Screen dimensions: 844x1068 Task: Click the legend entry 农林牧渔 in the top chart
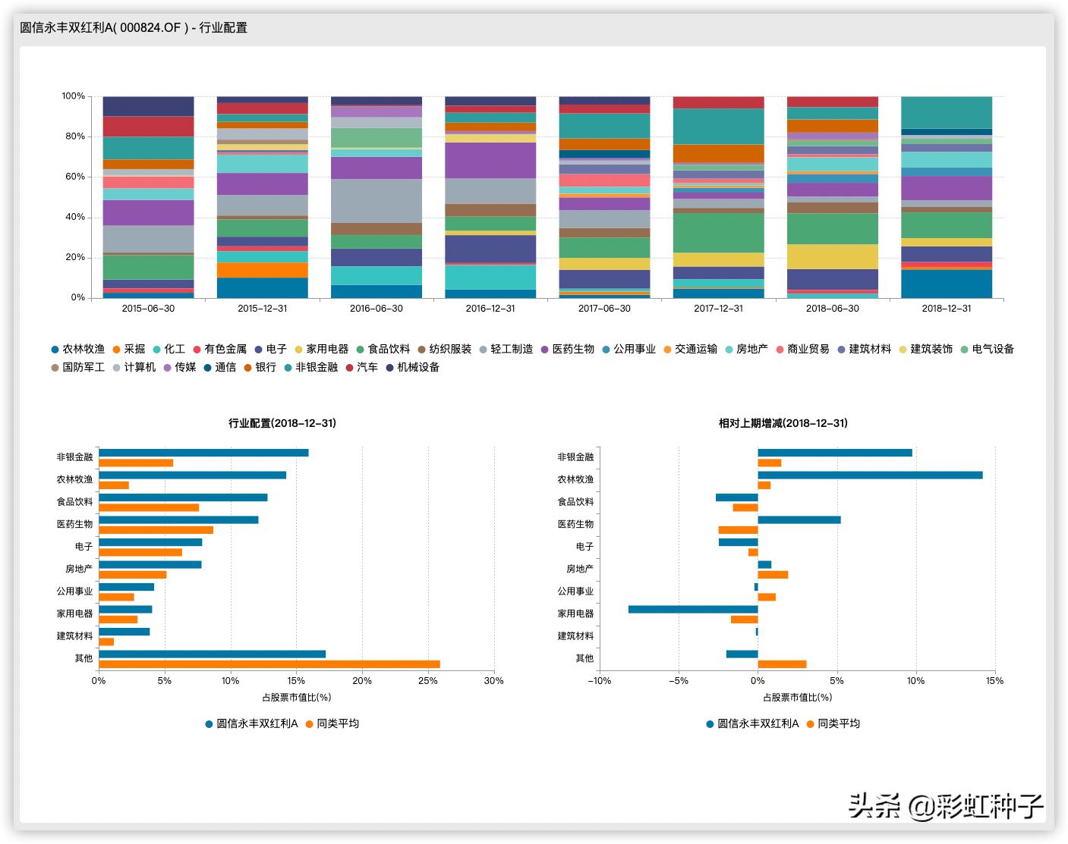pyautogui.click(x=77, y=349)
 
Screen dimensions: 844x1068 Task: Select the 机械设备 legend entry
pyautogui.click(x=412, y=367)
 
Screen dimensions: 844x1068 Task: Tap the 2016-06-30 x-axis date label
pyautogui.click(x=376, y=309)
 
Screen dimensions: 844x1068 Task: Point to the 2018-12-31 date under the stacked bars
pyautogui.click(x=946, y=309)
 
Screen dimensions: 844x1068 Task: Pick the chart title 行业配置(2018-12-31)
pyautogui.click(x=282, y=423)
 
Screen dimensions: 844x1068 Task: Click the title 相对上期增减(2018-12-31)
pyautogui.click(x=783, y=423)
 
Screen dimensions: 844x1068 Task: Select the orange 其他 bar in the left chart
pyautogui.click(x=269, y=664)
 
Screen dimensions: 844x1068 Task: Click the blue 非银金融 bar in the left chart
pyautogui.click(x=203, y=453)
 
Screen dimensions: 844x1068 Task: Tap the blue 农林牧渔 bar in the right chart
pyautogui.click(x=870, y=475)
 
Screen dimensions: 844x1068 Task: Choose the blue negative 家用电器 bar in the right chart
pyautogui.click(x=693, y=609)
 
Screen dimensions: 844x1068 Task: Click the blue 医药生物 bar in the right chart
pyautogui.click(x=799, y=519)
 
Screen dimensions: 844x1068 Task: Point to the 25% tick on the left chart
pyautogui.click(x=428, y=681)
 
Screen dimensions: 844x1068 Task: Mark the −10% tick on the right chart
pyautogui.click(x=599, y=681)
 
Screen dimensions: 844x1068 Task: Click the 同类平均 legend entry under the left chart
pyautogui.click(x=332, y=723)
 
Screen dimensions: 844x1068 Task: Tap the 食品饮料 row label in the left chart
pyautogui.click(x=74, y=502)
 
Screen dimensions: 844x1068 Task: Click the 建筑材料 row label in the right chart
pyautogui.click(x=575, y=636)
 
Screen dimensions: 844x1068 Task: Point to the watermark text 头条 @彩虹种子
pyautogui.click(x=945, y=805)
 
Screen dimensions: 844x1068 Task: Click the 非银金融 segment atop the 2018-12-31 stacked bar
pyautogui.click(x=947, y=112)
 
